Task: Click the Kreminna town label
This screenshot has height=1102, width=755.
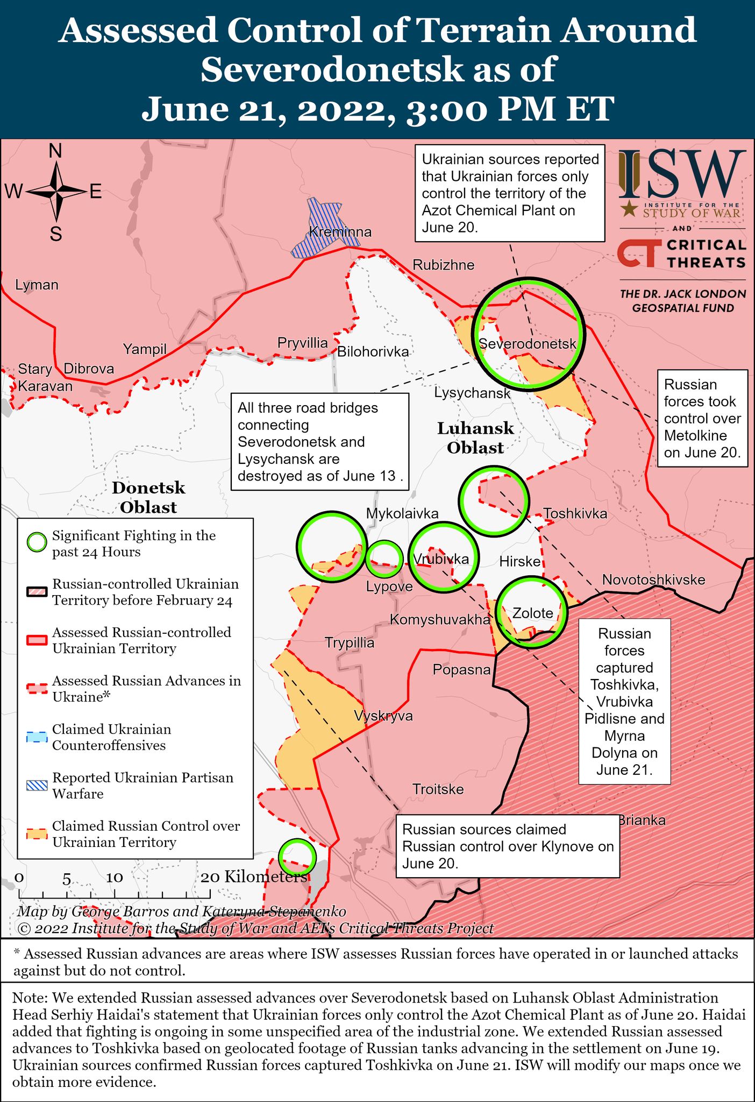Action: [340, 232]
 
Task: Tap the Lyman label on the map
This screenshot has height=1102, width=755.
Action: [37, 285]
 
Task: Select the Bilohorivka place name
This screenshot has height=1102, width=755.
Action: [373, 352]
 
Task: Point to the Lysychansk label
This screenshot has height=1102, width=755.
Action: [472, 393]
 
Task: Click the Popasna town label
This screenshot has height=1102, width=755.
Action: [462, 670]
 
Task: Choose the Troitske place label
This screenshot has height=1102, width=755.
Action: [438, 789]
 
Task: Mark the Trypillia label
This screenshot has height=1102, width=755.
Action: [350, 643]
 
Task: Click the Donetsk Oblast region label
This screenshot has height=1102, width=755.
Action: [148, 497]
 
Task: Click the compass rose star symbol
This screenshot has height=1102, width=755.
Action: [56, 191]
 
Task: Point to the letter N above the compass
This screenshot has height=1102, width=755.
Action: [55, 152]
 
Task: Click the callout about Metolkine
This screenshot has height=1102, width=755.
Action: [702, 418]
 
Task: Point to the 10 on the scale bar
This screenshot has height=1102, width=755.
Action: [115, 877]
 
